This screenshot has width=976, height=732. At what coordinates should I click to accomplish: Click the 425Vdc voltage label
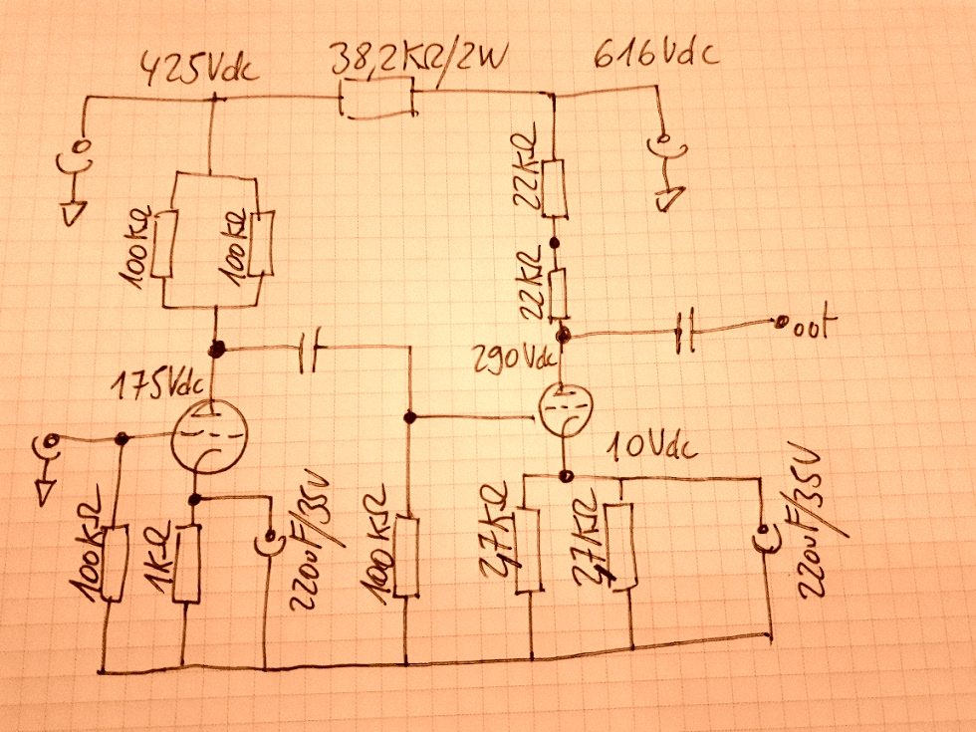[x=201, y=71]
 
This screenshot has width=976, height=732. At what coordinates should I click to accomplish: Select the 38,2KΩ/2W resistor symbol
[x=375, y=100]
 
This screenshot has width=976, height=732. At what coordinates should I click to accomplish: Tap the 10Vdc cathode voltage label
[x=652, y=448]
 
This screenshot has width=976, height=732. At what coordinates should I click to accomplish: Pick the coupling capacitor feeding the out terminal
[x=683, y=332]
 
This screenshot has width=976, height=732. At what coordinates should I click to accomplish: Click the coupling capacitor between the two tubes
[x=310, y=350]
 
